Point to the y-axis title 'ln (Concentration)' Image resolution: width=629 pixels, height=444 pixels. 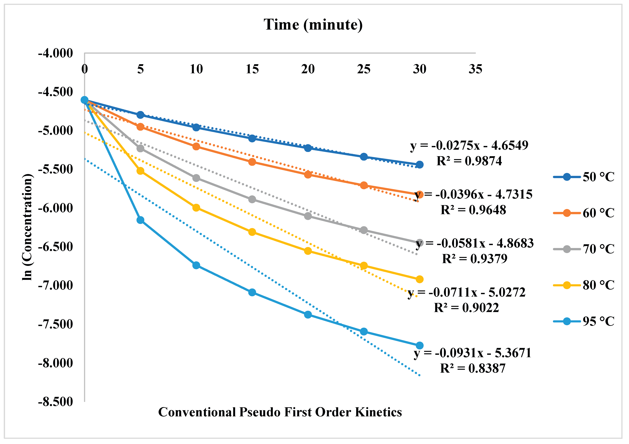tap(27, 227)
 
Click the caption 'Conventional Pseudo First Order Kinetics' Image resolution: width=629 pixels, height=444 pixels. tap(280, 412)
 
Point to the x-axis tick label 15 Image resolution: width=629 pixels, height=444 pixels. tap(252, 69)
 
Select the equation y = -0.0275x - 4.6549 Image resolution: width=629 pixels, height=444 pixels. tap(469, 145)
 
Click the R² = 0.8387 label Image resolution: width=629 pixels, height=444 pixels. tap(473, 368)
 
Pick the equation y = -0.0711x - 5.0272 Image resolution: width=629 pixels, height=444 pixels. tap(466, 292)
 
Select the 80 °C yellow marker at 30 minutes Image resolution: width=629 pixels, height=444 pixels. tap(419, 279)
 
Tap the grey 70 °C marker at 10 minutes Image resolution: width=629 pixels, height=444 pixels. tap(196, 178)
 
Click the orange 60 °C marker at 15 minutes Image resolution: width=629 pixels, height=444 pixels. tap(252, 162)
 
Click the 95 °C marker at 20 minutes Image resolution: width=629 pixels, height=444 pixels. tap(308, 314)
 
